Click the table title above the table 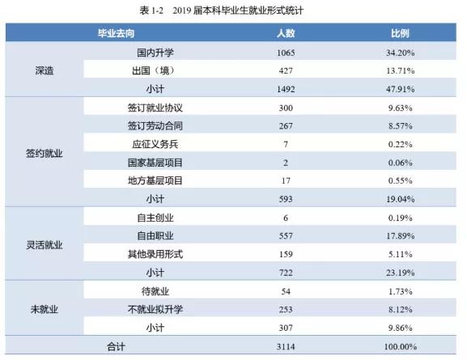(233, 10)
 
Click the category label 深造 (46, 70)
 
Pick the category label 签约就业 (46, 152)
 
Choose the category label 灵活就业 (46, 244)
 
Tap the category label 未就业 (46, 309)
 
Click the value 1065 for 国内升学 (283, 53)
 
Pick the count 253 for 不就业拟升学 (283, 309)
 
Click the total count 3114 (283, 346)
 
